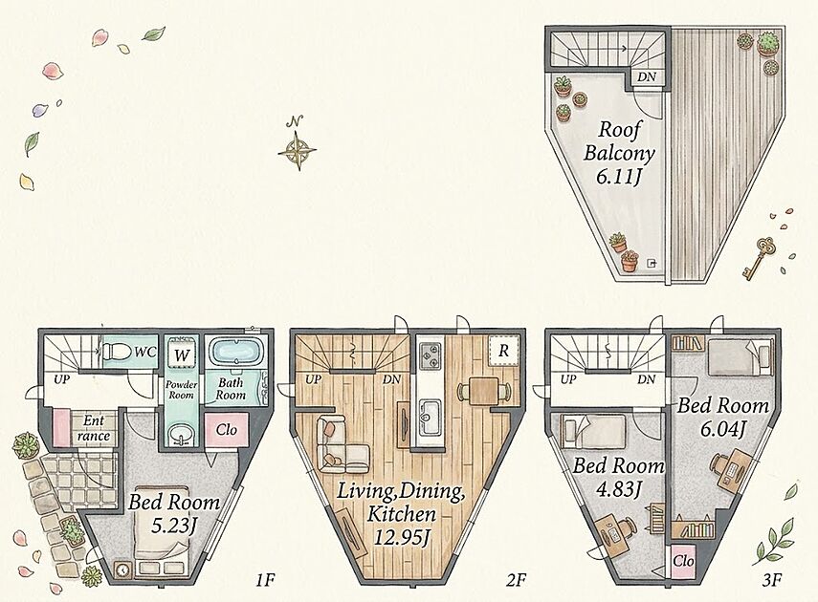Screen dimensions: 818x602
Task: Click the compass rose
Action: (297, 151)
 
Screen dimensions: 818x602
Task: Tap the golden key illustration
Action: (759, 257)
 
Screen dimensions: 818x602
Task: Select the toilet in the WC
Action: (117, 353)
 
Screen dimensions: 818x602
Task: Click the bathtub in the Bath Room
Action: (235, 351)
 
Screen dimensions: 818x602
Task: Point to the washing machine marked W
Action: (182, 355)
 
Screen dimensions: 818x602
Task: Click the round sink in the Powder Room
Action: (181, 435)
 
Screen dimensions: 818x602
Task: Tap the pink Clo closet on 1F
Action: (227, 430)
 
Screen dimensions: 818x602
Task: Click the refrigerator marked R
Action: (503, 351)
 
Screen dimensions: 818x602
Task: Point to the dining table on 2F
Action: (483, 391)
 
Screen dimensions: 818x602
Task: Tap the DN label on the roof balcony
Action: (647, 77)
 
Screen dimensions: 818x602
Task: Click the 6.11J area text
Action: (619, 178)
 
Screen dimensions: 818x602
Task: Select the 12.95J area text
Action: (402, 537)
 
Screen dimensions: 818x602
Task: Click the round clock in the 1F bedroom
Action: (123, 570)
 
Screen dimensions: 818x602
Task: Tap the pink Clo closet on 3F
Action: (683, 561)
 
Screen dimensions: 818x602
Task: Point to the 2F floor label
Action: (515, 580)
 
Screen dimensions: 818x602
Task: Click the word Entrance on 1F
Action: (94, 428)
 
